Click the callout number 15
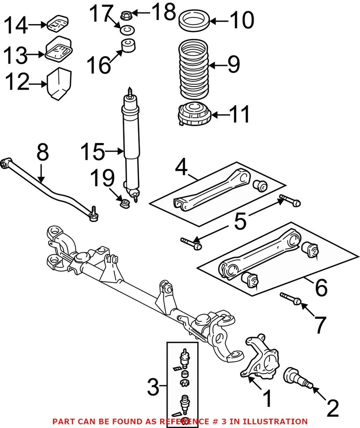(93, 152)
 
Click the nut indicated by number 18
(125, 14)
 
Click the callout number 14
(16, 25)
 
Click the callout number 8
(42, 152)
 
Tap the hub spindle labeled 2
(298, 376)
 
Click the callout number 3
(153, 387)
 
